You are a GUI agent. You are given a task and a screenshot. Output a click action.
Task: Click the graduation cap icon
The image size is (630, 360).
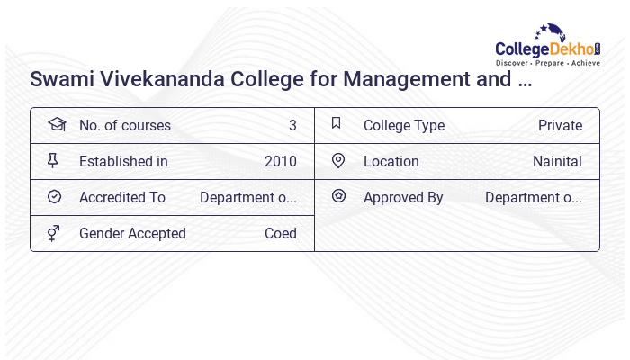click(57, 125)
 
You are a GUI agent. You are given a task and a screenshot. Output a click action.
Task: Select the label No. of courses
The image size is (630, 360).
click(124, 126)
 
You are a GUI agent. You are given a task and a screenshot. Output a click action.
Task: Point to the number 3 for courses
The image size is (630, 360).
click(292, 126)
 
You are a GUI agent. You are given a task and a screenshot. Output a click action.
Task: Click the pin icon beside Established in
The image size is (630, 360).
click(53, 161)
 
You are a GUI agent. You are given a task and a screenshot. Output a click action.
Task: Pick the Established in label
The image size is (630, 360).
click(123, 162)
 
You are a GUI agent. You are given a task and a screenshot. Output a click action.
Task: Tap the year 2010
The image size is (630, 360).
click(280, 162)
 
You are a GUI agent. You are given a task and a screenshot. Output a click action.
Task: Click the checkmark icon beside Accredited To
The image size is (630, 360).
click(54, 197)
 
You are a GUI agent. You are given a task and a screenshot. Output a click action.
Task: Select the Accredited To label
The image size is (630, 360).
click(122, 198)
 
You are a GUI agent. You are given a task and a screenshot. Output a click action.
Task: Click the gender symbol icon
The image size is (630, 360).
click(54, 233)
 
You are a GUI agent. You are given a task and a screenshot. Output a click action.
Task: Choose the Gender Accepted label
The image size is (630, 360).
click(132, 234)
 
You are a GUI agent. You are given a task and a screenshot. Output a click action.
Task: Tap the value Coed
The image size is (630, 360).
click(280, 234)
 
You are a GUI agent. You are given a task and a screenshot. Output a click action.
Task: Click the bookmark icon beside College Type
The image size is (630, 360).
click(337, 124)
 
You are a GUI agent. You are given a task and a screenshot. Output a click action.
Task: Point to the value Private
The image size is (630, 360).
click(560, 126)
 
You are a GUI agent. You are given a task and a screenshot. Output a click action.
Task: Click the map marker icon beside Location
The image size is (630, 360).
click(338, 161)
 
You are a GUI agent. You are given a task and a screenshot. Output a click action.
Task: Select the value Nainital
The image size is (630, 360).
click(557, 162)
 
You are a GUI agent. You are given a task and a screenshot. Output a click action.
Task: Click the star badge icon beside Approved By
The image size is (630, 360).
click(338, 196)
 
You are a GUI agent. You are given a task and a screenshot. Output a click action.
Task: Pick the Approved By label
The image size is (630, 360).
click(403, 198)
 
